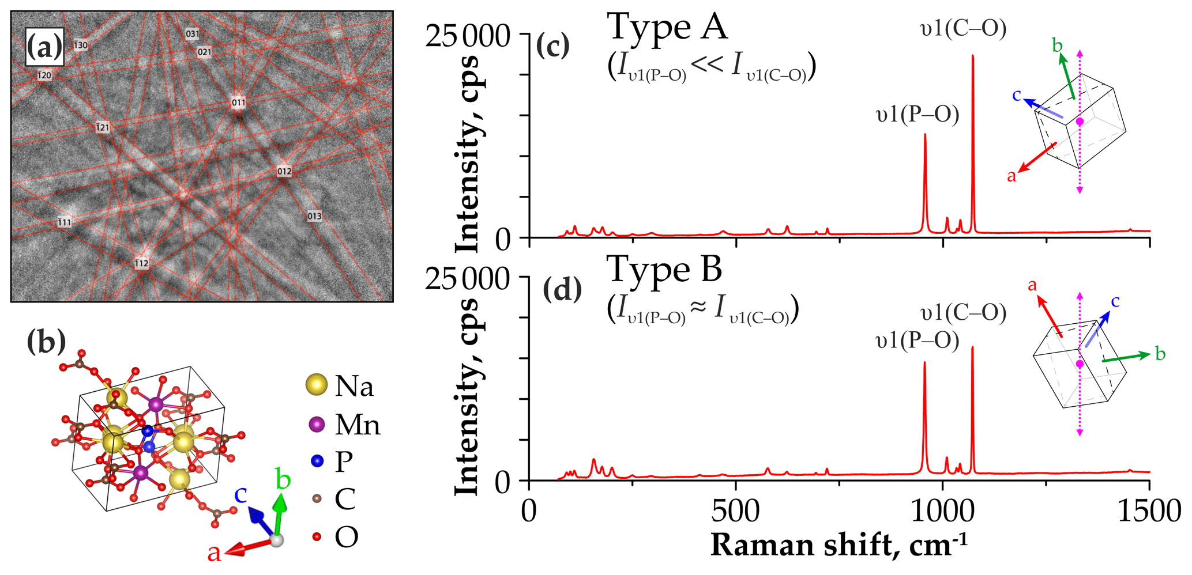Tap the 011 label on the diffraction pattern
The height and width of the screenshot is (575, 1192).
(238, 103)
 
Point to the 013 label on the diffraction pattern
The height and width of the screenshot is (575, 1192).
(314, 216)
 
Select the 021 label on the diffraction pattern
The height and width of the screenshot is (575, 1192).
(205, 52)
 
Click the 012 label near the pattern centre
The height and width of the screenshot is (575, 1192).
(284, 171)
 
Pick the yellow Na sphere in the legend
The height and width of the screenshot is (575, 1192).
(316, 385)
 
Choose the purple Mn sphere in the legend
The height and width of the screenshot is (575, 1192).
(316, 425)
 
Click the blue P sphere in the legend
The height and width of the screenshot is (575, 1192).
(316, 461)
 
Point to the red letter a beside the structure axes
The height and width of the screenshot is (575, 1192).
(214, 554)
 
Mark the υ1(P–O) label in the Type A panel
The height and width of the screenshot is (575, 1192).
(917, 115)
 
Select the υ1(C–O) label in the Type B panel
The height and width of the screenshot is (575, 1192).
(964, 313)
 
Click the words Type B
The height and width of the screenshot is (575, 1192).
(664, 270)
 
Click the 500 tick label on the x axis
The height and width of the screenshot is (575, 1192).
(736, 512)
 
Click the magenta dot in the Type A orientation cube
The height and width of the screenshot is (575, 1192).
(1080, 122)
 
